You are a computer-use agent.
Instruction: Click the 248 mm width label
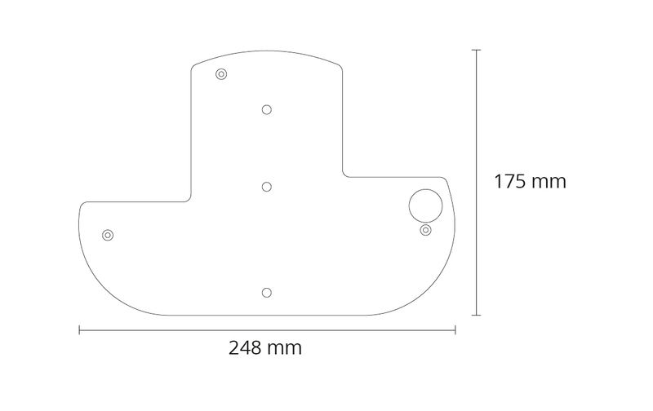point(264,347)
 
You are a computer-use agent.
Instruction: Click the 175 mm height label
point(530,182)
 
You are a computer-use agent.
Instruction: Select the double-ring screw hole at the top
point(221,74)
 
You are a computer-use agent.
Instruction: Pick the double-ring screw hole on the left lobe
point(108,235)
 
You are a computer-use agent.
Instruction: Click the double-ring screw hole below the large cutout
point(425,230)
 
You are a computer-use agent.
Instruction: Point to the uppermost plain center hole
point(267,110)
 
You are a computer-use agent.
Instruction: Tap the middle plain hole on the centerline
point(267,187)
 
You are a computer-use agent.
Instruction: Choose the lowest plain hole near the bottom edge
point(267,293)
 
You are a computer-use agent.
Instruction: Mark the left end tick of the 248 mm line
point(79,330)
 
